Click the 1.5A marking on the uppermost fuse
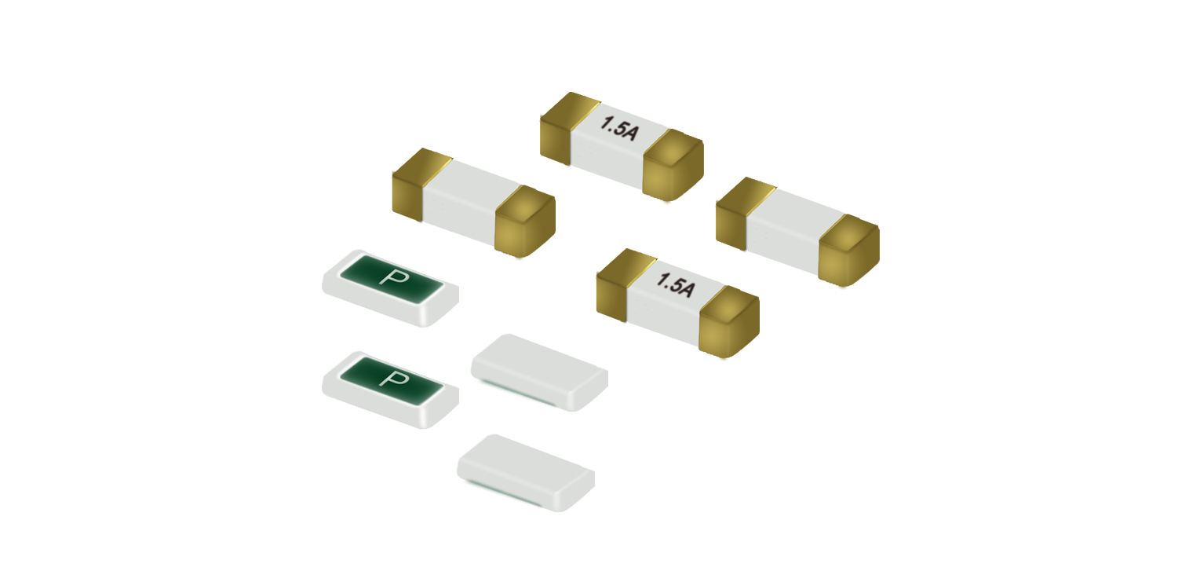619,129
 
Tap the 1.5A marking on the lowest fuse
676,285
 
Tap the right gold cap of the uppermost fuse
673,165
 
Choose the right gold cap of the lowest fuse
729,322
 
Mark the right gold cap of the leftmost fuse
525,222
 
